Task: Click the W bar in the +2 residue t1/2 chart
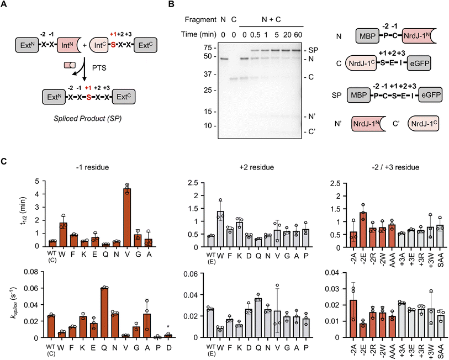(x=220, y=228)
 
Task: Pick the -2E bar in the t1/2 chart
(x=362, y=229)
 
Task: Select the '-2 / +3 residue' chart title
(x=394, y=166)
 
